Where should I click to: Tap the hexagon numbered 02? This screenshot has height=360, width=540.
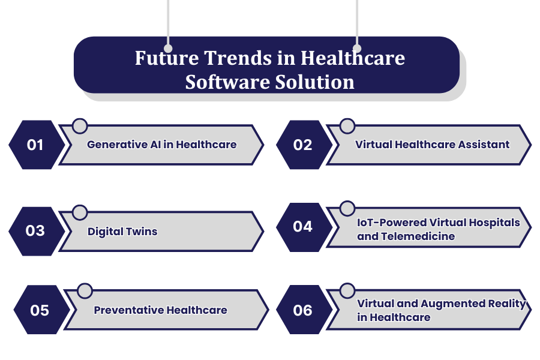[303, 145]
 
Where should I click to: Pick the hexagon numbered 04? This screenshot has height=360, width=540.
[303, 226]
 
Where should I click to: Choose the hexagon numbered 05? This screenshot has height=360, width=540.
[40, 310]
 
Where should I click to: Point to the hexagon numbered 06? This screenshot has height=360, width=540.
[303, 310]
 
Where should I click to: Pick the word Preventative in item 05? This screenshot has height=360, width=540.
[128, 310]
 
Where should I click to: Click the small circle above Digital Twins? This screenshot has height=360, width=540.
[80, 212]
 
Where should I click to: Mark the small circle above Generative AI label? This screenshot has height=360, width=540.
[80, 126]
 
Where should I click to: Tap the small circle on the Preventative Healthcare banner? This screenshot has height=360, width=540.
[85, 291]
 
